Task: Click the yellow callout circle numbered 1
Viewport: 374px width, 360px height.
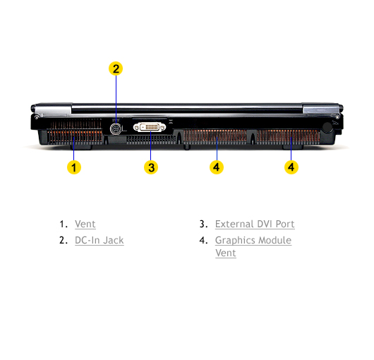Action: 74,167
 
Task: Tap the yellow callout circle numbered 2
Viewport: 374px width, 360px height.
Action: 116,68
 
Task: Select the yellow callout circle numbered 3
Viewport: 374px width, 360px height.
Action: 151,167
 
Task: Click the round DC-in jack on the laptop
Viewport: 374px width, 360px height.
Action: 116,129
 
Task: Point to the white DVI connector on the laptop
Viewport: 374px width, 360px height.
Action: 150,127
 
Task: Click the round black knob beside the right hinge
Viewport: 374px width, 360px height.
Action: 327,128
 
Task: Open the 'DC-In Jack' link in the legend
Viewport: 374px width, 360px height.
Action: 99,240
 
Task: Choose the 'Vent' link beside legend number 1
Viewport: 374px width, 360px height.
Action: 85,224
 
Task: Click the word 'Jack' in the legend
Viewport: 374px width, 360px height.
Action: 114,240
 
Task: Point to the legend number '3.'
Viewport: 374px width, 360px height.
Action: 203,224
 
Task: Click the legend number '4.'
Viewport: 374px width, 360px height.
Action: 203,240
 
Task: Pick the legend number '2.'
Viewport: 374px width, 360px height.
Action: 64,240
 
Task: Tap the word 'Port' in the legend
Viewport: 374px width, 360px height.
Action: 285,224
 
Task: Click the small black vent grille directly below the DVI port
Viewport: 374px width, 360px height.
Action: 151,140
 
